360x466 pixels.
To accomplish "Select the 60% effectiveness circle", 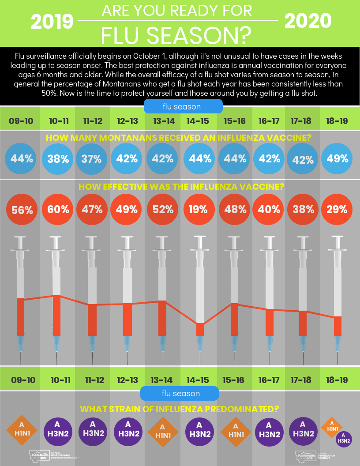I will [58, 209].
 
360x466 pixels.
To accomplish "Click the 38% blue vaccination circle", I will [58, 158].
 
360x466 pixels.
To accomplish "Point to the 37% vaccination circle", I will [91, 158].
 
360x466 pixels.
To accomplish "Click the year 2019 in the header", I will [52, 21].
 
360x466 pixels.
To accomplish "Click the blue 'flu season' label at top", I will [182, 106].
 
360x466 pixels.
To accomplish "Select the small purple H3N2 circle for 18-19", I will [344, 438].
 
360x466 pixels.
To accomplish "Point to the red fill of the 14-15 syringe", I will [200, 329].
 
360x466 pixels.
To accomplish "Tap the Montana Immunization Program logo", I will [315, 456].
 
